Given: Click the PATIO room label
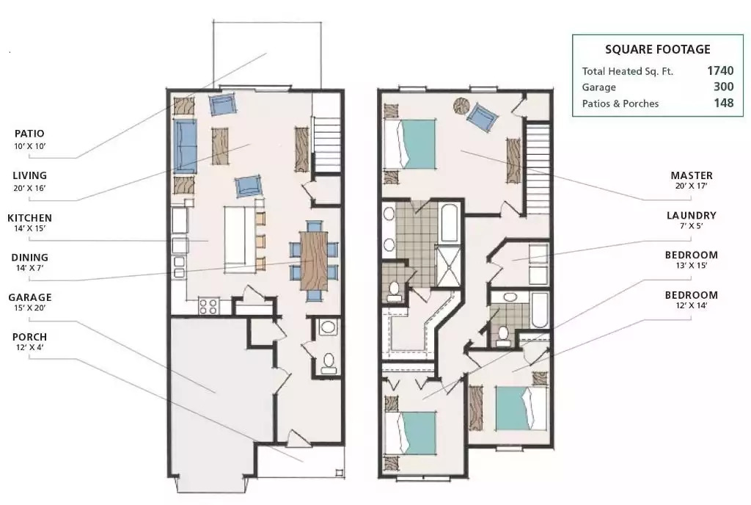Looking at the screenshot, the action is [x=29, y=134].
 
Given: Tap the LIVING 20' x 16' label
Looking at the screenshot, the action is [x=29, y=181].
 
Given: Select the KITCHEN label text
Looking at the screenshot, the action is [x=29, y=218].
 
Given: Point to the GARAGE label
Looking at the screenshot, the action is [x=29, y=297].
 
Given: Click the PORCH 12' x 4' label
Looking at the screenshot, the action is [x=29, y=341].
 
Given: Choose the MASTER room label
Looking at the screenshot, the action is [x=692, y=175].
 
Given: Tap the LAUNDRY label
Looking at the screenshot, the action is [x=692, y=216].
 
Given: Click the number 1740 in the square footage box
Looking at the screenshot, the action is [x=720, y=71].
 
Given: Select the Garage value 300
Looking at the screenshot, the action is [x=724, y=87].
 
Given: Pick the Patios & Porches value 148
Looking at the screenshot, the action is [x=724, y=103].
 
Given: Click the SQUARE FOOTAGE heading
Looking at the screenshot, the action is [x=658, y=49].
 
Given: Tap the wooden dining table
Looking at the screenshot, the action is [x=314, y=261].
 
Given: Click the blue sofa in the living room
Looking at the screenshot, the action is [x=186, y=147].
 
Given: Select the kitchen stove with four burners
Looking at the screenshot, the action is [x=209, y=306].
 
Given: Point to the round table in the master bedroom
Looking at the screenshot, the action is [x=462, y=106].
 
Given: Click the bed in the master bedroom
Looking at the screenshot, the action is [x=411, y=144].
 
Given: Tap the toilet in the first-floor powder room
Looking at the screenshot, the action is [x=329, y=363].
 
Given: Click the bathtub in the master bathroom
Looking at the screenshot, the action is [x=450, y=224].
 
